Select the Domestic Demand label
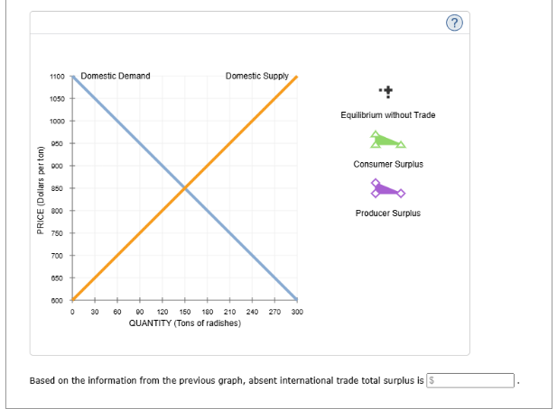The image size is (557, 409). coord(116,76)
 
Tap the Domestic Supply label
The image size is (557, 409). coord(257,76)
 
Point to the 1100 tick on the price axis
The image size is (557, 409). coord(57,77)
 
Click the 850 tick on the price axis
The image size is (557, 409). coord(58,188)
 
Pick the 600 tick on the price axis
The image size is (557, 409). coord(58,300)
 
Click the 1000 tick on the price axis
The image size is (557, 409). coord(57,121)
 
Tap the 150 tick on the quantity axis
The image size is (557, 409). coord(184,312)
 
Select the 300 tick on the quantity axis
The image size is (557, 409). coord(297,312)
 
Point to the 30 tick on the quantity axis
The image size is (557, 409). coord(94,312)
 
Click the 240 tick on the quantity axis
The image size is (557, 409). coord(252,312)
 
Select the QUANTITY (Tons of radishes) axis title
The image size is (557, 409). coord(184,322)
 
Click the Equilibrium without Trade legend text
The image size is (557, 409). coord(387,115)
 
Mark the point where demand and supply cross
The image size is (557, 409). coord(184,188)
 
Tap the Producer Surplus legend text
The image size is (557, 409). coord(387,214)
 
